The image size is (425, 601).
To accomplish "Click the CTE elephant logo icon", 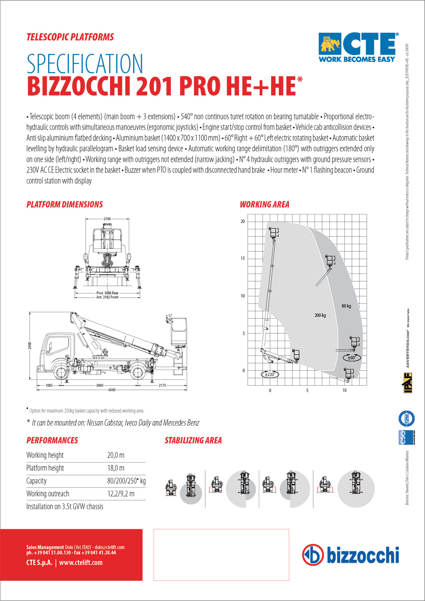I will pyautogui.click(x=330, y=44).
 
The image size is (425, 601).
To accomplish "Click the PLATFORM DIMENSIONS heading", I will pyautogui.click(x=65, y=204).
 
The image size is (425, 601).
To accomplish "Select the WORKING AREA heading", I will pyautogui.click(x=264, y=204).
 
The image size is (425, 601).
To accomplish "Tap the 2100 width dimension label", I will pyautogui.click(x=107, y=219).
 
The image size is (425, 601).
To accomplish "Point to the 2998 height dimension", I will pyautogui.click(x=30, y=346).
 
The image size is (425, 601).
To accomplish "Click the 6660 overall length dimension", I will pyautogui.click(x=112, y=389).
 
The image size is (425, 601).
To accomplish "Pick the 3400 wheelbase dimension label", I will pyautogui.click(x=99, y=385).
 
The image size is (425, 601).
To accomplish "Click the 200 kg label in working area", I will pyautogui.click(x=320, y=315).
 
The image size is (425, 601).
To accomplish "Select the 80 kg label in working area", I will pyautogui.click(x=346, y=306).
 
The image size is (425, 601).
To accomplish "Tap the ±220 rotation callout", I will pyautogui.click(x=269, y=375).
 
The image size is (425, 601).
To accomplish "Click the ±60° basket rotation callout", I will pyautogui.click(x=352, y=358).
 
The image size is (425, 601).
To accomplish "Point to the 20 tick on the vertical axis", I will pyautogui.click(x=243, y=221).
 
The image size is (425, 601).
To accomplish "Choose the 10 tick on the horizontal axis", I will pyautogui.click(x=344, y=390).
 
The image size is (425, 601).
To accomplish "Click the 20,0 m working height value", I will pyautogui.click(x=116, y=455).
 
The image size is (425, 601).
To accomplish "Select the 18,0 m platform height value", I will pyautogui.click(x=116, y=468).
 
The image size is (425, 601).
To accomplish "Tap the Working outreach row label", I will pyautogui.click(x=48, y=494).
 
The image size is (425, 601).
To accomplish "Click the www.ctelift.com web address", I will pyautogui.click(x=81, y=562).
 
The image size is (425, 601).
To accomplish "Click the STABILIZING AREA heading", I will pyautogui.click(x=193, y=440).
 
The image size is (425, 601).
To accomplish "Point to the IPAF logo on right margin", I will pyautogui.click(x=407, y=382).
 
